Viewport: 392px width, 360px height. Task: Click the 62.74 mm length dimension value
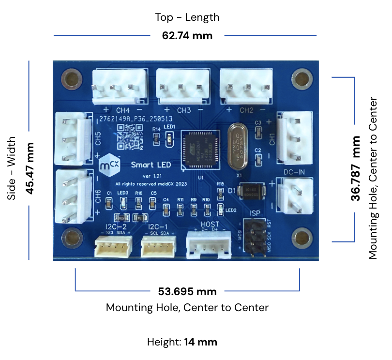(187, 35)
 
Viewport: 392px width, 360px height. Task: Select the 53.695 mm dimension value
(187, 291)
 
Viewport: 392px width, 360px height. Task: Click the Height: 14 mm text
(182, 342)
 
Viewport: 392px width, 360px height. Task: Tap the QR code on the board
(130, 136)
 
